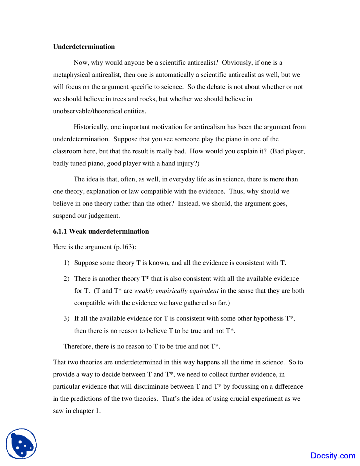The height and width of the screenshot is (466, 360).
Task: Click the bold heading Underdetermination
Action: pyautogui.click(x=84, y=47)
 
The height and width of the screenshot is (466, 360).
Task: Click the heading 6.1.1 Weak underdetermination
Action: pyautogui.click(x=101, y=231)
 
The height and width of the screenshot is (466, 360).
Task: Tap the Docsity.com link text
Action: pyautogui.click(x=333, y=456)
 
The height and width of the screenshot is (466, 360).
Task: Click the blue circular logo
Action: pyautogui.click(x=21, y=444)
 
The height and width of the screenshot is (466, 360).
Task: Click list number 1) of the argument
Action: pyautogui.click(x=66, y=263)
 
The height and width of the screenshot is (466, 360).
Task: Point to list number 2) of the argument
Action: pyautogui.click(x=66, y=279)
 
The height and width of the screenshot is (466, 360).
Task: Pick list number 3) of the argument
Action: pyautogui.click(x=66, y=319)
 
